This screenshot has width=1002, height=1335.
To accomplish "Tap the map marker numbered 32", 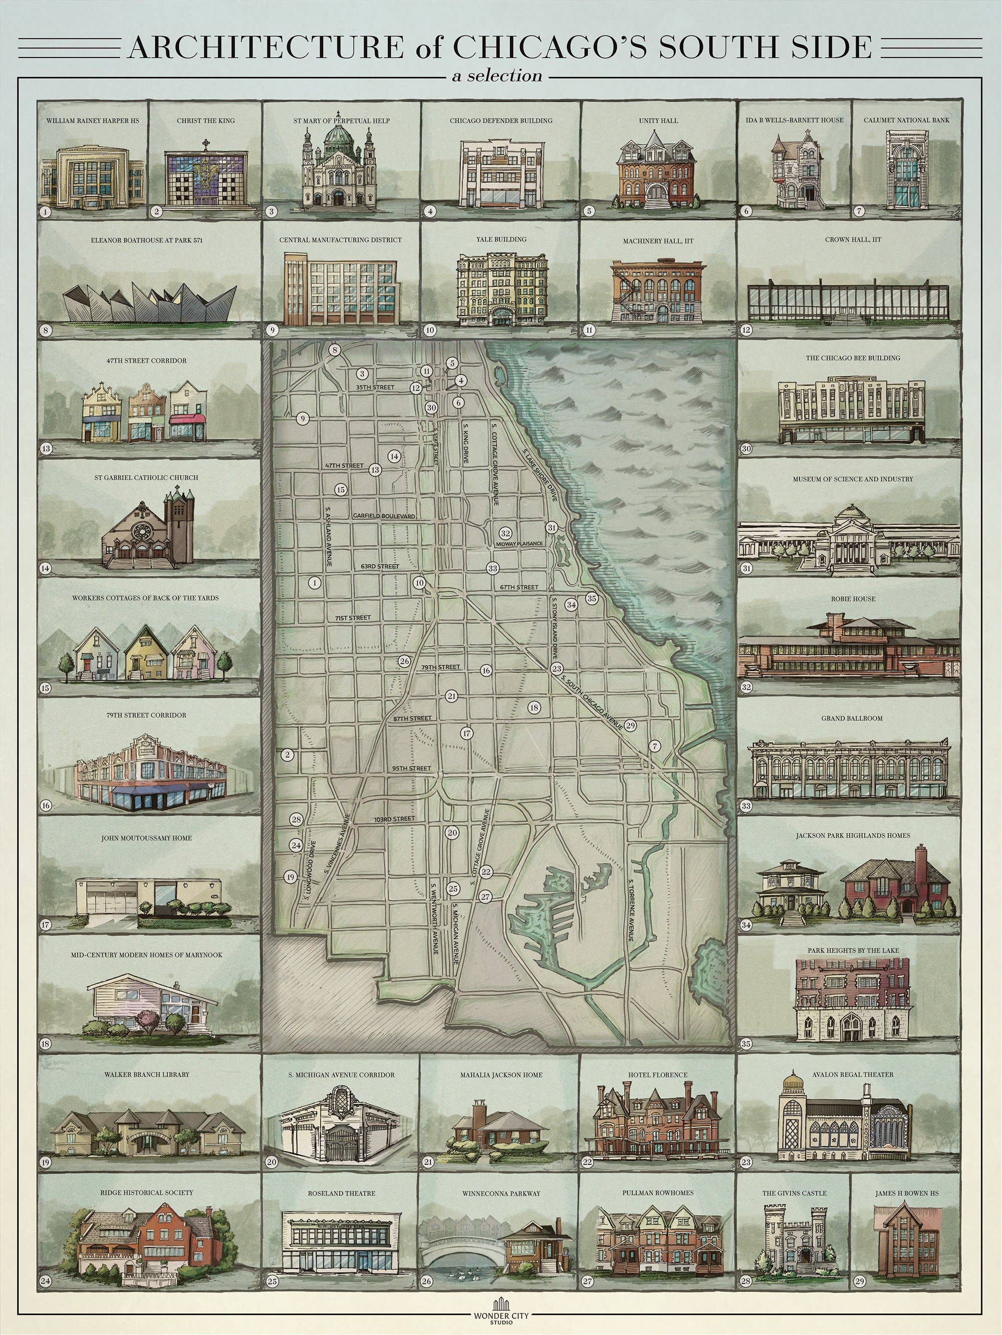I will point(506,534).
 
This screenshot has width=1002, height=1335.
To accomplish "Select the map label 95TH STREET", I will point(411,768).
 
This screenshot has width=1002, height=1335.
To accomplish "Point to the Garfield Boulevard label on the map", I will point(384,516).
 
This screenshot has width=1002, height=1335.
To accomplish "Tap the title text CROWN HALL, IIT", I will point(853,240).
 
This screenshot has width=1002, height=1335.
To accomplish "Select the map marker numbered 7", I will point(655,746).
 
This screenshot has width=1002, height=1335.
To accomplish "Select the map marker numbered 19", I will point(291,877).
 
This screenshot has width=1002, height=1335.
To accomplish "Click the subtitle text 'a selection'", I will point(500,77).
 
